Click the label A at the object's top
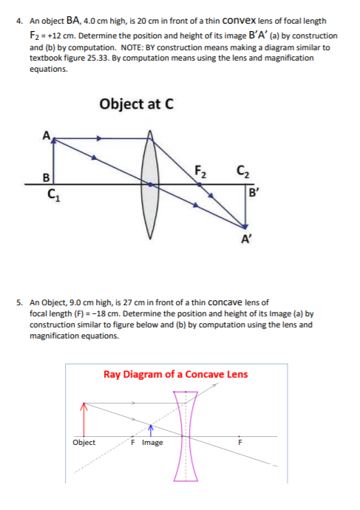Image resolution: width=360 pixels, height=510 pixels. [47, 135]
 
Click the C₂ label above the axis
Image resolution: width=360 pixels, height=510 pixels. [241, 174]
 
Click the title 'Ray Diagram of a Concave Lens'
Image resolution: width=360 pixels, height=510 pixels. [175, 374]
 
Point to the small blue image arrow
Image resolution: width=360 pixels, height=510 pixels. [150, 430]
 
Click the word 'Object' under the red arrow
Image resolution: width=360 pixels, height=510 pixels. [84, 443]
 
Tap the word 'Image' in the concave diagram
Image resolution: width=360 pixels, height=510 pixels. [152, 443]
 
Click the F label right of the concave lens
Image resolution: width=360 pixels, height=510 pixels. [238, 443]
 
